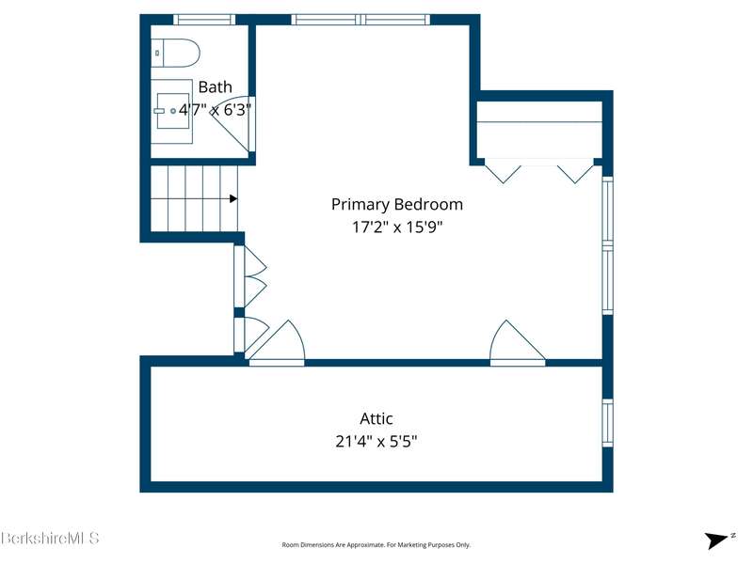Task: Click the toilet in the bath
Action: tap(175, 53)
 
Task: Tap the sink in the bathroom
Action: tap(173, 111)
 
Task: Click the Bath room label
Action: tap(216, 87)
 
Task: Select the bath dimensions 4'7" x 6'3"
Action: tap(216, 110)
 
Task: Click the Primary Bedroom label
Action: tap(397, 205)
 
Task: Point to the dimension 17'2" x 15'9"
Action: tap(397, 227)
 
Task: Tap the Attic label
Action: tap(376, 418)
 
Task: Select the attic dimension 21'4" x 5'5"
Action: tap(376, 441)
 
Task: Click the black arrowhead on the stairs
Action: tap(233, 198)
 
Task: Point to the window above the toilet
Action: tap(204, 20)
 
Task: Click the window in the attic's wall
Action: tap(607, 423)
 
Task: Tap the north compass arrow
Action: tap(715, 540)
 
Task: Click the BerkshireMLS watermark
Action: tap(50, 538)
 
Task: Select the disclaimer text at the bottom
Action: tap(376, 545)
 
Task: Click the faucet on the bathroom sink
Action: tap(159, 111)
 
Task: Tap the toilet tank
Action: tap(157, 53)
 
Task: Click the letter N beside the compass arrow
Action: tap(733, 536)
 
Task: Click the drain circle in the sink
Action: tap(173, 111)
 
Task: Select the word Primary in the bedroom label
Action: tap(360, 205)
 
